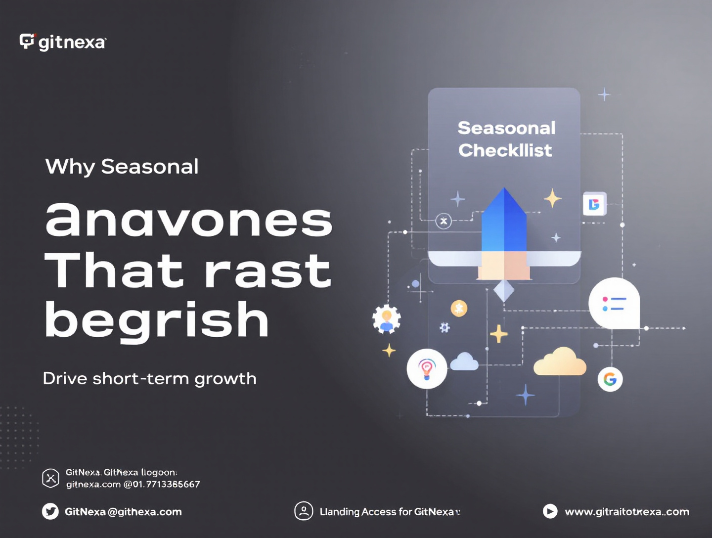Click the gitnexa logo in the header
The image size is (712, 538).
[62, 42]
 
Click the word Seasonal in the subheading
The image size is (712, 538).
[149, 167]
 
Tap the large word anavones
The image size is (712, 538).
[189, 220]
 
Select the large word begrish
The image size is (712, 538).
[157, 320]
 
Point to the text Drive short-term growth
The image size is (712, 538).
[149, 379]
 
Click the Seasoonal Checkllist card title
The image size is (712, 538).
[506, 139]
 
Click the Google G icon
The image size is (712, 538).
[610, 379]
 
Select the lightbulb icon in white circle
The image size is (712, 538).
[427, 368]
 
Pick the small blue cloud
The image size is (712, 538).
[464, 362]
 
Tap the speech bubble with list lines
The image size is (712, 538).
[614, 304]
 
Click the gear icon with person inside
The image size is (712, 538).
[387, 319]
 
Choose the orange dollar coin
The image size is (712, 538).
[459, 309]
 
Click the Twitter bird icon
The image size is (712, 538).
[50, 511]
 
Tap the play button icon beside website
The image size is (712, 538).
[550, 511]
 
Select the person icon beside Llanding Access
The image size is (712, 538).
[304, 511]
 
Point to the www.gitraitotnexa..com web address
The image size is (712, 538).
[627, 512]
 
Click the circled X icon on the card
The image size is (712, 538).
[444, 221]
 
